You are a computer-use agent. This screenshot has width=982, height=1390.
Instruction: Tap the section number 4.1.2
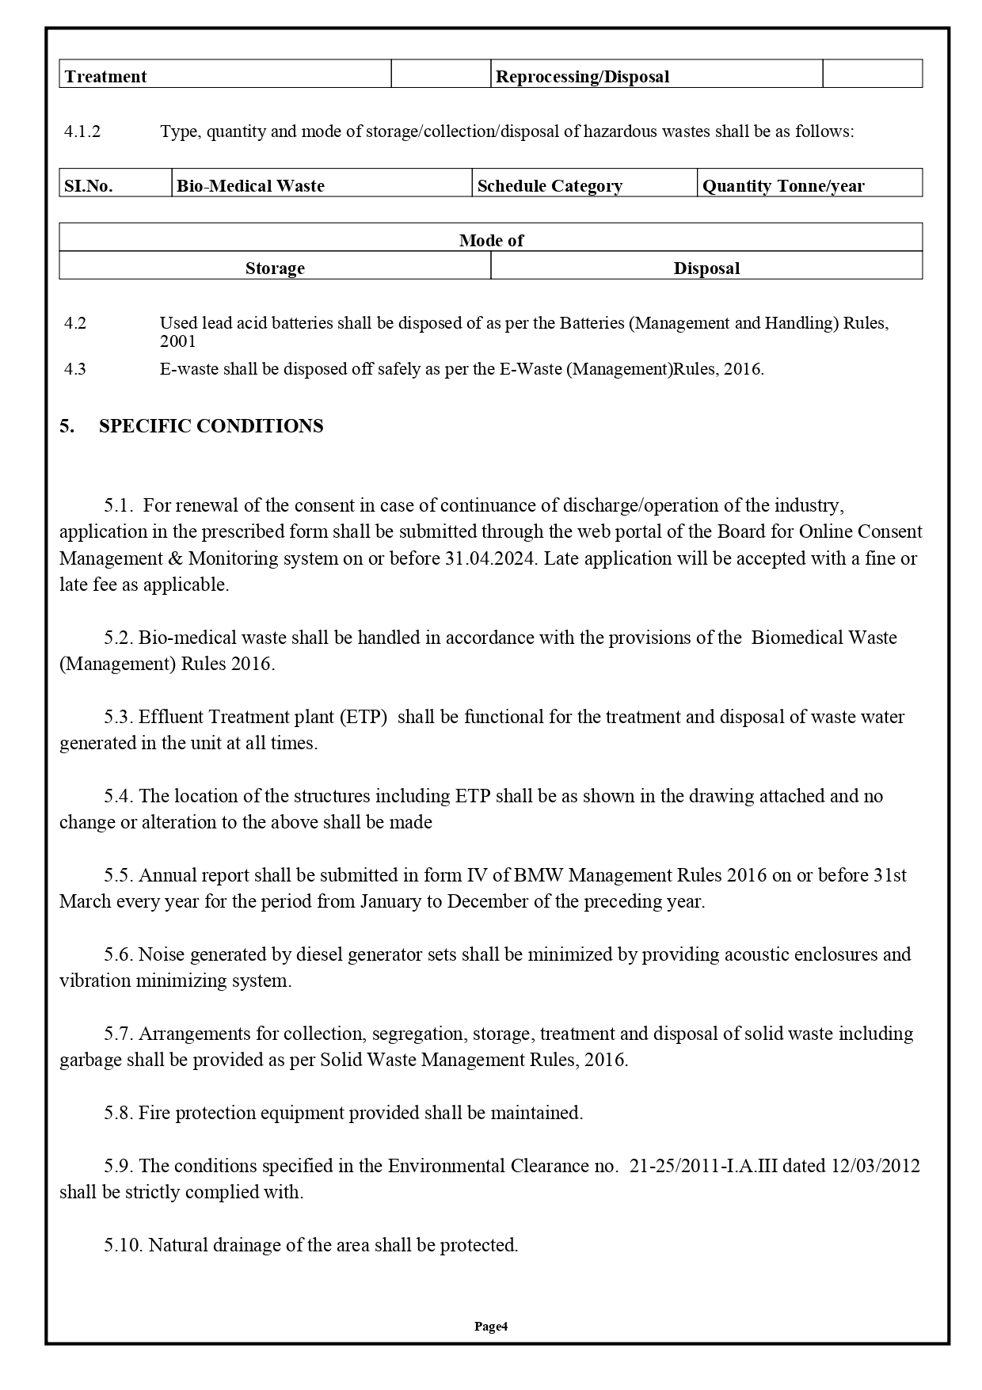82,131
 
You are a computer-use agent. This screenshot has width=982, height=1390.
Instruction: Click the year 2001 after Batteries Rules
177,341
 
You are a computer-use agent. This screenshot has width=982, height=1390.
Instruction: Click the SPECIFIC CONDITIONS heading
211,426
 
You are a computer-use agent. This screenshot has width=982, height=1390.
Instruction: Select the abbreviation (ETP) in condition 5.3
363,717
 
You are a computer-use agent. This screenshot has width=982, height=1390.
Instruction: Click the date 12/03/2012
874,1166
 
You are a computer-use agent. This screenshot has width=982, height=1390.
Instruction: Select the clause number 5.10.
123,1245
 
